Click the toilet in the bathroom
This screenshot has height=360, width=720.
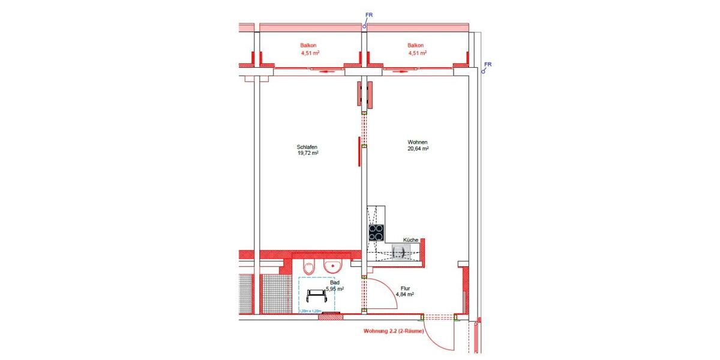[309, 266]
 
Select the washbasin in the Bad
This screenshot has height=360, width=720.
[331, 265]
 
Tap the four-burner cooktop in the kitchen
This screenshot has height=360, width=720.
[376, 232]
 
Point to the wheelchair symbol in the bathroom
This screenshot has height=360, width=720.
[316, 295]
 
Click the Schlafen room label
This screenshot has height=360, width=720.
[307, 146]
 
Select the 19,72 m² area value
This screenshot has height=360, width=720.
[307, 153]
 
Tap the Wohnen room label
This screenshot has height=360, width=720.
[416, 142]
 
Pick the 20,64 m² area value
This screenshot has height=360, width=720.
[417, 149]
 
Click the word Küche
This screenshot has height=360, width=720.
[410, 240]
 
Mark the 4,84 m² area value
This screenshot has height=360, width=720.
[404, 295]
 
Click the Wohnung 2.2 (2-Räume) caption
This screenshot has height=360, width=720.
[394, 331]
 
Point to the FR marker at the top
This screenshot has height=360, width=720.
[368, 14]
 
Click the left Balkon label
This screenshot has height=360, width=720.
[309, 46]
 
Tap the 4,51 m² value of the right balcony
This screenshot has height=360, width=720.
[417, 53]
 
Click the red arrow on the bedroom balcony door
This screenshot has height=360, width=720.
[325, 72]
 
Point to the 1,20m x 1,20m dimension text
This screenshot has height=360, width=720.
[311, 311]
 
